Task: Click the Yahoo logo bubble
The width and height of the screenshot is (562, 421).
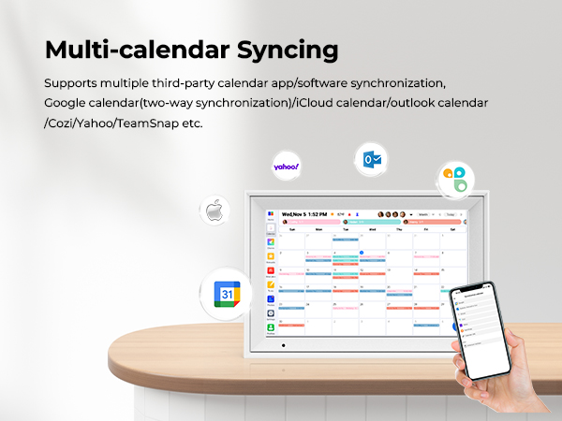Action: (x=286, y=167)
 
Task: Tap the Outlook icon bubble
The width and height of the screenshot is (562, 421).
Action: (x=372, y=160)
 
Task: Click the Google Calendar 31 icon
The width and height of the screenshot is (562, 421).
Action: (x=228, y=294)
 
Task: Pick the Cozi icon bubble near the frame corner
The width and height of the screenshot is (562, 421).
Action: (x=455, y=179)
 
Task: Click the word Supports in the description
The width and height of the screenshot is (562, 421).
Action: (x=71, y=82)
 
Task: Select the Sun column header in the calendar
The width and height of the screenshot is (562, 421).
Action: (x=292, y=228)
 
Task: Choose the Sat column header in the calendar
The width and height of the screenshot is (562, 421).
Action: (x=453, y=228)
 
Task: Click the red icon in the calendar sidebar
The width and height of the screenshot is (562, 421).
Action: (x=271, y=271)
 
